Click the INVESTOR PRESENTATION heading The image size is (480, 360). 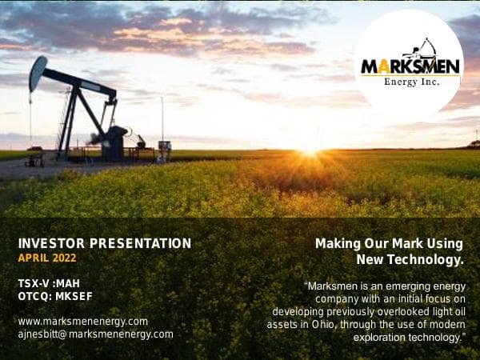point(104,243)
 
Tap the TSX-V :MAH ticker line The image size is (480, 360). point(49,283)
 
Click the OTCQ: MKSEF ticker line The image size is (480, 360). point(55,296)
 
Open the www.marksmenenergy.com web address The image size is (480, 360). point(82,321)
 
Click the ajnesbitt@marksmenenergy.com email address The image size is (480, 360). point(95,334)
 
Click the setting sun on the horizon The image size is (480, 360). point(308,150)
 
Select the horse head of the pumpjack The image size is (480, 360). point(38,74)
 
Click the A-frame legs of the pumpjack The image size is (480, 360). point(76,120)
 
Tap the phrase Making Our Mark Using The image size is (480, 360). point(389,243)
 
